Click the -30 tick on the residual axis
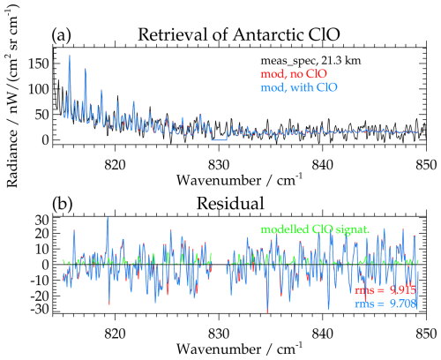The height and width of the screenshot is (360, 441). pos(37,311)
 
